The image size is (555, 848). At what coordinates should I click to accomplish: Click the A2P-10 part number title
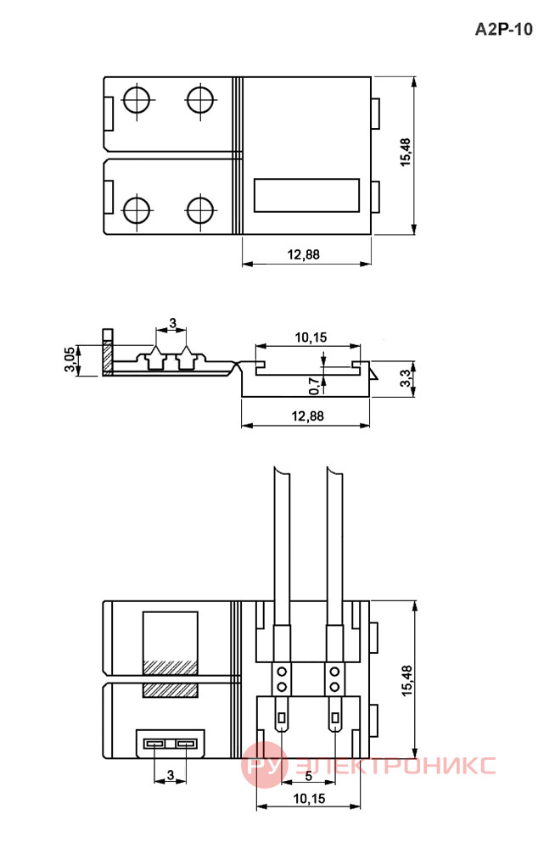pyautogui.click(x=503, y=29)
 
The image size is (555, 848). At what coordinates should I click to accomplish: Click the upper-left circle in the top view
pyautogui.click(x=137, y=99)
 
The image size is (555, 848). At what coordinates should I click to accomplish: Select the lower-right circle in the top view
pyautogui.click(x=200, y=210)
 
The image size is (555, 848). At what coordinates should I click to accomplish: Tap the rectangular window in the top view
pyautogui.click(x=307, y=195)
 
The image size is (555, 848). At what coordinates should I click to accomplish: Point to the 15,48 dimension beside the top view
pyautogui.click(x=406, y=153)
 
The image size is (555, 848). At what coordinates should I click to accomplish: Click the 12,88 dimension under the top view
pyautogui.click(x=303, y=254)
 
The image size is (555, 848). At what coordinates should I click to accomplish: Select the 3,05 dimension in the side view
pyautogui.click(x=70, y=360)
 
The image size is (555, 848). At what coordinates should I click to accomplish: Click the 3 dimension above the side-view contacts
pyautogui.click(x=172, y=323)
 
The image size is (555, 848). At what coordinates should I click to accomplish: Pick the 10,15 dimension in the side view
pyautogui.click(x=311, y=338)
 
